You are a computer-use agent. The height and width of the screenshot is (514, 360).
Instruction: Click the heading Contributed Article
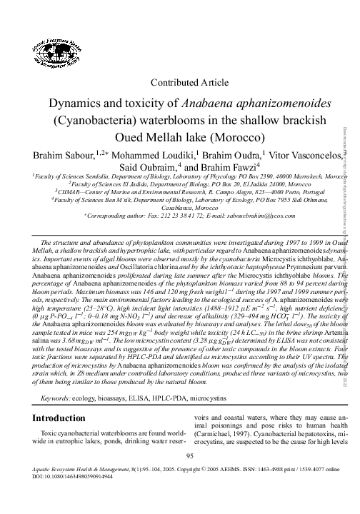pyautogui.click(x=181, y=83)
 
